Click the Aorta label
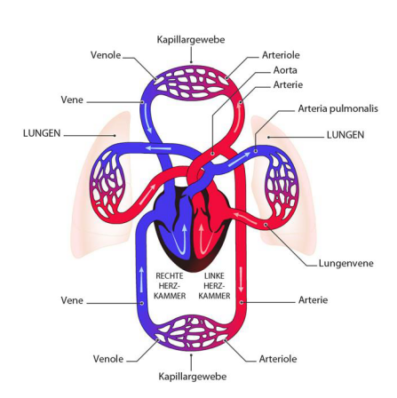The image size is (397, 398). (285, 70)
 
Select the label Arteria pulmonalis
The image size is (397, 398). (337, 108)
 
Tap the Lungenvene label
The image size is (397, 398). (345, 263)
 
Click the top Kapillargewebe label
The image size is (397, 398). (191, 40)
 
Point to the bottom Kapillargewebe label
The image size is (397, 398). (193, 377)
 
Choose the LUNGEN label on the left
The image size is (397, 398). (42, 133)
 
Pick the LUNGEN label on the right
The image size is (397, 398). (345, 135)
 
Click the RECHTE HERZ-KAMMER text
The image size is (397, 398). (170, 286)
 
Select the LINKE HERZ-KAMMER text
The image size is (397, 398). (214, 286)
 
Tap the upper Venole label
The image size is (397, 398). (106, 55)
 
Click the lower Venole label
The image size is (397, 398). (108, 359)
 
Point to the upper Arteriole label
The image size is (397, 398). (281, 55)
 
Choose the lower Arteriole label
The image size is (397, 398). (278, 359)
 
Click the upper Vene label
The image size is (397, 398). (72, 99)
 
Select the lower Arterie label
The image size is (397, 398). (313, 300)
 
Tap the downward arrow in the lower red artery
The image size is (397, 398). (242, 279)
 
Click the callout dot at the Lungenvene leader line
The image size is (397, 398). (266, 225)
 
